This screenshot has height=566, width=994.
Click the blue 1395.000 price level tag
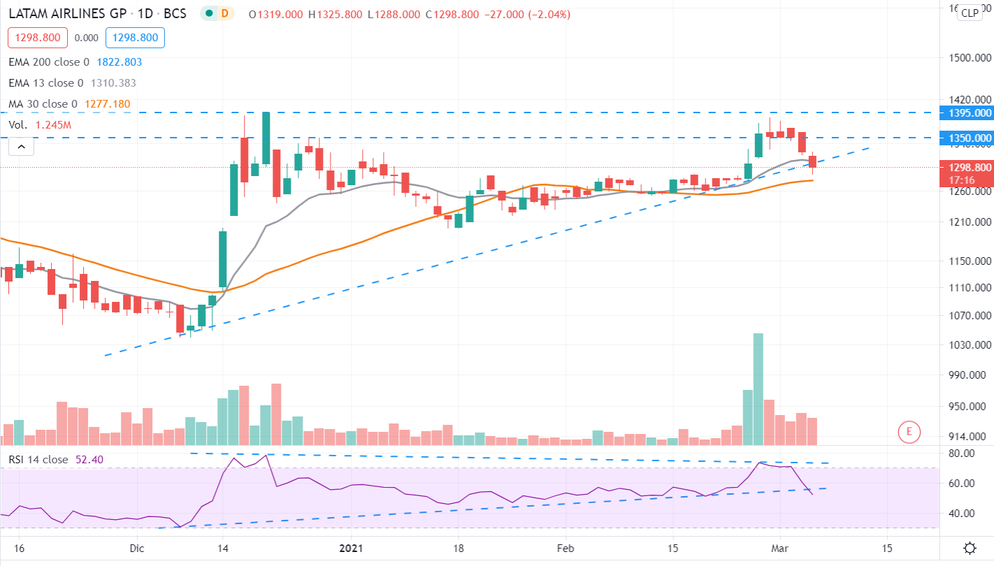[x=967, y=113]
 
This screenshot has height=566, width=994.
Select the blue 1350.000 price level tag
[x=967, y=138]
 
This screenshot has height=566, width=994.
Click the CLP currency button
[x=969, y=13]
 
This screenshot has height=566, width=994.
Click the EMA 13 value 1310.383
[x=113, y=83]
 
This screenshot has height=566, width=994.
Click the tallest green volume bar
[x=758, y=389]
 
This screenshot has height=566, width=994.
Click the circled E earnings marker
[x=909, y=432]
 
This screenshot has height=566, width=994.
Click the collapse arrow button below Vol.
[x=21, y=146]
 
